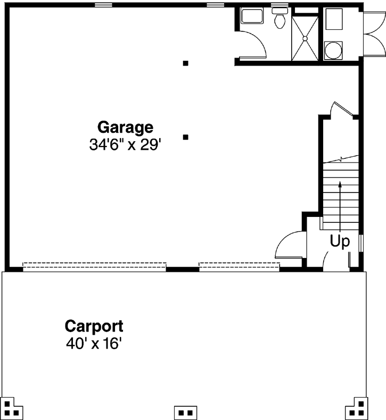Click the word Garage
(x=125, y=127)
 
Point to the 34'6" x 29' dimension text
(x=125, y=145)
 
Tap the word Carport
(x=94, y=326)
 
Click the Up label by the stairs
(x=340, y=241)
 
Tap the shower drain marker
(x=306, y=38)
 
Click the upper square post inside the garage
(x=186, y=63)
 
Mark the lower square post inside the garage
(x=186, y=137)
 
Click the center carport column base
(x=186, y=413)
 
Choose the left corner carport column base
(x=13, y=409)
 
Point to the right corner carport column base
(x=357, y=409)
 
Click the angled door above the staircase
(x=341, y=109)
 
